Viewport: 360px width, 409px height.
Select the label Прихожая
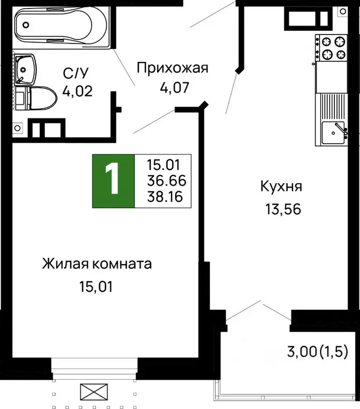171,68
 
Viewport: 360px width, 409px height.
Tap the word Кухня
281,187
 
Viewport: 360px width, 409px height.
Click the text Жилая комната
97,264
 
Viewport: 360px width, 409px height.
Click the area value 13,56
283,209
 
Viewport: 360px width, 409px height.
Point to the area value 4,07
175,87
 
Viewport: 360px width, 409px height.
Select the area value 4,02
78,91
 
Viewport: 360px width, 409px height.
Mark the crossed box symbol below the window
94,392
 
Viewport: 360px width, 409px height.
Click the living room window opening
94,368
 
